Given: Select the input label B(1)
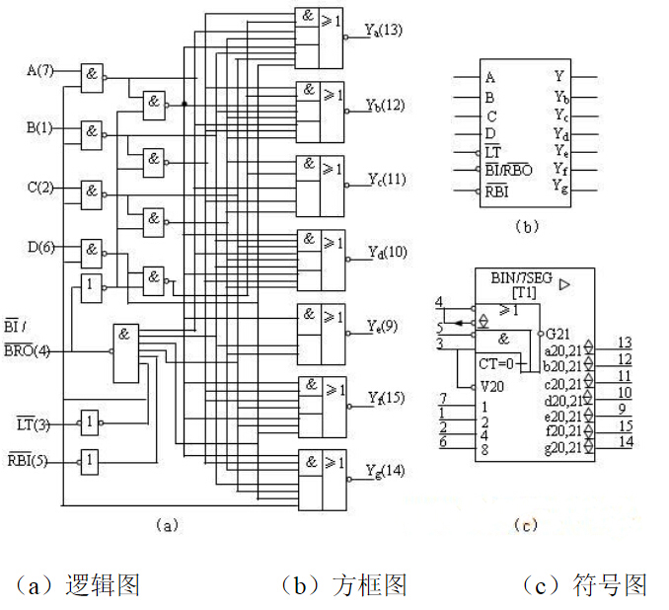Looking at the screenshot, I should [40, 129].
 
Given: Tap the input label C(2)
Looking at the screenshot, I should [40, 188].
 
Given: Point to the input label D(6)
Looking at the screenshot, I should [40, 247].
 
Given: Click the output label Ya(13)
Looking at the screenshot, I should [383, 31].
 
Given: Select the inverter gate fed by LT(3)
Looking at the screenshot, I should [91, 422].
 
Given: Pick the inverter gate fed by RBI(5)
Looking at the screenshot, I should [91, 460].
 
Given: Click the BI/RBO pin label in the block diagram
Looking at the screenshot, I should [508, 171].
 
